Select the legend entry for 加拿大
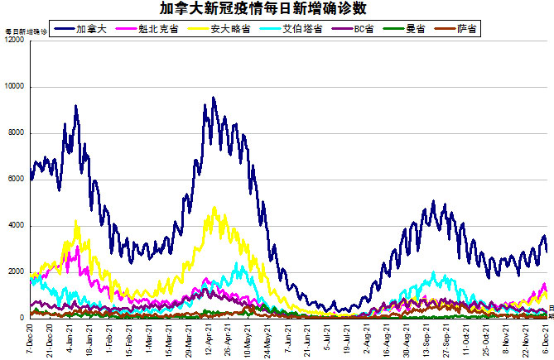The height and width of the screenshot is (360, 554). tap(85, 29)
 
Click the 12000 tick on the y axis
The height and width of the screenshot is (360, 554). tap(14, 41)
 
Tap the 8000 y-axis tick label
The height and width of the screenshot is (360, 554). tap(17, 133)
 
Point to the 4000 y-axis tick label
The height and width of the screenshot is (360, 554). tap(17, 226)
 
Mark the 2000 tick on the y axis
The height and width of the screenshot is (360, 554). tap(17, 272)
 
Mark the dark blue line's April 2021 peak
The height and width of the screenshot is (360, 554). tap(213, 98)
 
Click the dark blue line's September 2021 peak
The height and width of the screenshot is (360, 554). tap(433, 201)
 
